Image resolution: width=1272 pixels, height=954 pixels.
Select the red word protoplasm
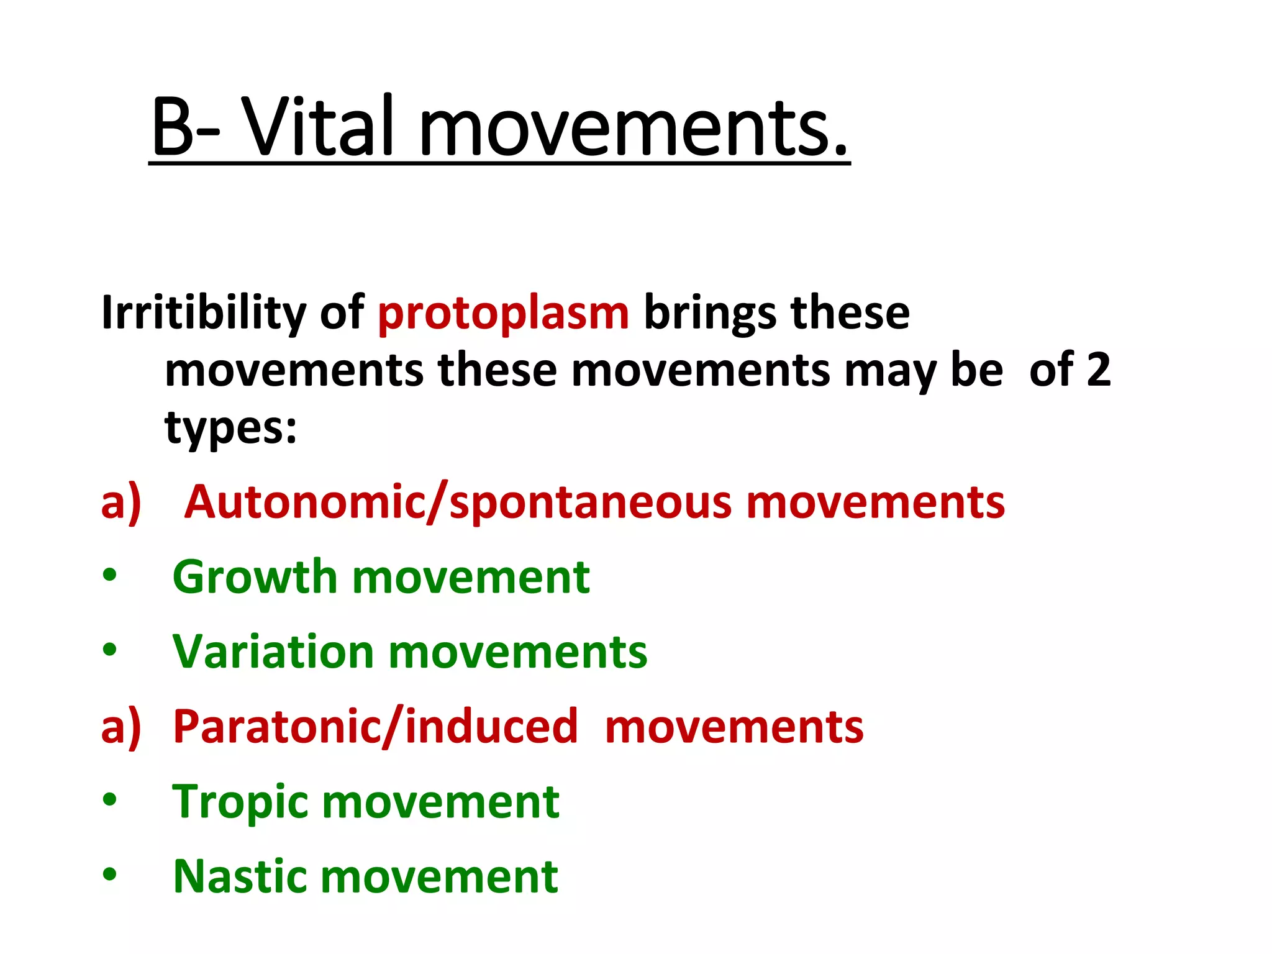(503, 314)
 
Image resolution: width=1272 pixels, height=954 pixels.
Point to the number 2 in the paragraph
(1098, 370)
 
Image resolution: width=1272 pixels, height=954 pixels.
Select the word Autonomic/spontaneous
(459, 502)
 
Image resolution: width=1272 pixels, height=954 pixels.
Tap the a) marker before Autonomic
(121, 502)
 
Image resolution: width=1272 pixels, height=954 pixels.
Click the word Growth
(255, 577)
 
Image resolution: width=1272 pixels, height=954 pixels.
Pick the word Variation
(273, 652)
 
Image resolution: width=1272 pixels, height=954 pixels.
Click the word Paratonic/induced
(375, 727)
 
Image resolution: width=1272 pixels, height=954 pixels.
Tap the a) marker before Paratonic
(121, 727)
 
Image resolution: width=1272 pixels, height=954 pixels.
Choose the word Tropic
(240, 802)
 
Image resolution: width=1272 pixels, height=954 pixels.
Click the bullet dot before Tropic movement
(110, 800)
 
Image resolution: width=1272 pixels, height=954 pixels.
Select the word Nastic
(240, 876)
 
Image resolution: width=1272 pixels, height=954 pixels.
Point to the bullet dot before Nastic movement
(110, 874)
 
